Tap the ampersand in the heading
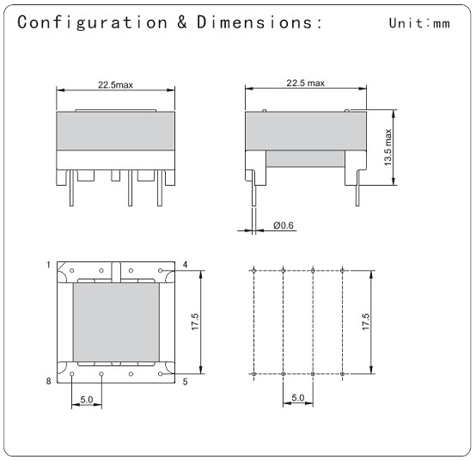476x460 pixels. [x=183, y=22]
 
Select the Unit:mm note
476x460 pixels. [x=418, y=23]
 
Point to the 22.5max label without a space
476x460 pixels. [x=117, y=84]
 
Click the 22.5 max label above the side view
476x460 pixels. [x=305, y=83]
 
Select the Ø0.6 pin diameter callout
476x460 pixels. [x=283, y=225]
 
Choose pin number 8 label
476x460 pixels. [x=50, y=380]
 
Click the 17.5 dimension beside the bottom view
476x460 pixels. [x=195, y=322]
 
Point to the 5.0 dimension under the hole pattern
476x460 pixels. [x=298, y=398]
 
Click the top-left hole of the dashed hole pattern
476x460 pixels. [x=254, y=271]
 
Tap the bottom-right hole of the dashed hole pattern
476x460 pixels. [x=343, y=375]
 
